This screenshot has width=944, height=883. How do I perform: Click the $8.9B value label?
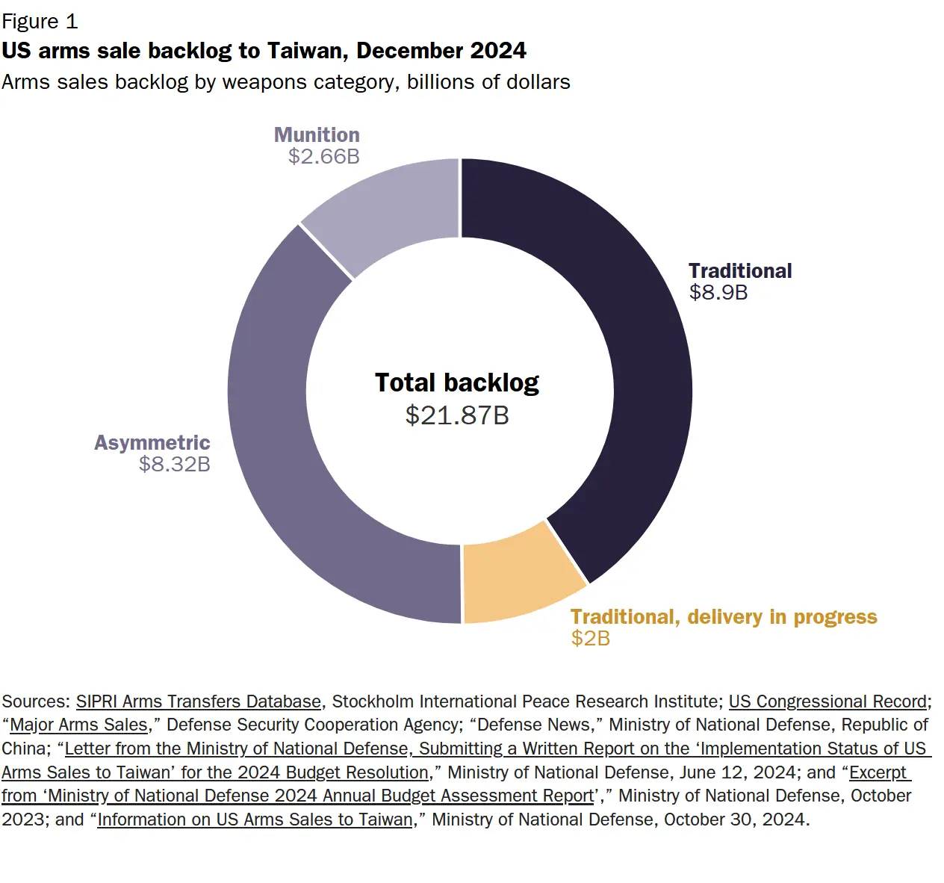718,292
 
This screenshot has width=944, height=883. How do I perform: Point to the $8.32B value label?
174,464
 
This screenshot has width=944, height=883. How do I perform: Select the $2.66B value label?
323,156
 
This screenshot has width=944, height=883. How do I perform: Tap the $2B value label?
590,638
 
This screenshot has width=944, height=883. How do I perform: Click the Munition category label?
317,134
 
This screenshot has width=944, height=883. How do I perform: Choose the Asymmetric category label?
152,442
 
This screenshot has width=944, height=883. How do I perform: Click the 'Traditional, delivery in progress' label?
723,617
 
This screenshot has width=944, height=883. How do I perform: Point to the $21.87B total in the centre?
457,415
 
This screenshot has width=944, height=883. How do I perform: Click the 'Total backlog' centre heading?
457,382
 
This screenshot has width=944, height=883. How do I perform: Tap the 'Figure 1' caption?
40,22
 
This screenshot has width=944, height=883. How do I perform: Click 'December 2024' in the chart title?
441,51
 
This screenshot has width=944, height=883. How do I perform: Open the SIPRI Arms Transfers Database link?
198,701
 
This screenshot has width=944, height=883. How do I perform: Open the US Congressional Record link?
827,701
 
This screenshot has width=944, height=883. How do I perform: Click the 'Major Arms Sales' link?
78,725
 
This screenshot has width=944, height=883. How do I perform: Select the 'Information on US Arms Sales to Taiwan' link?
255,820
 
